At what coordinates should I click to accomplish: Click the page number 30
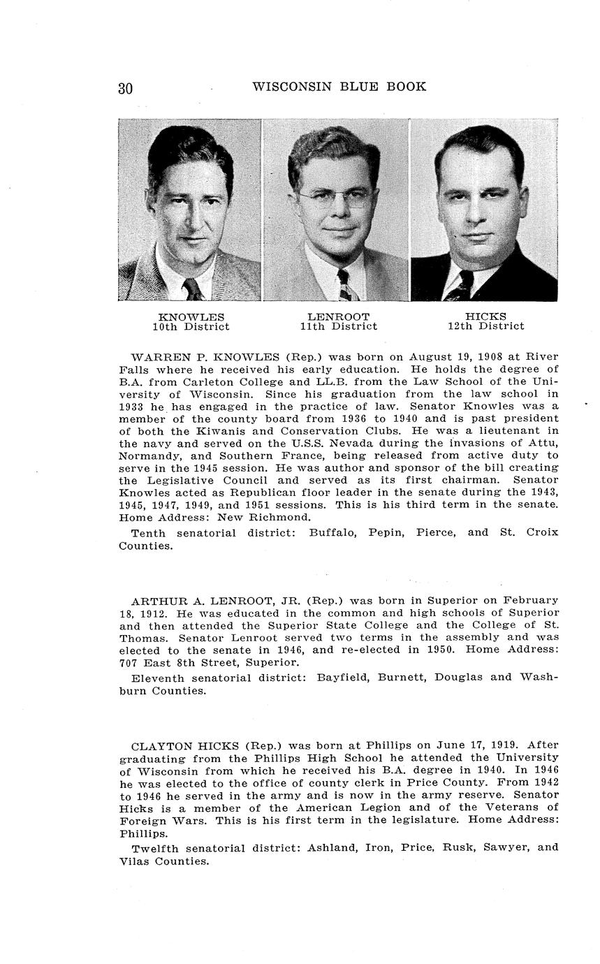[x=126, y=88]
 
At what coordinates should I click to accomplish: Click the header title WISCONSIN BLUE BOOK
[x=339, y=87]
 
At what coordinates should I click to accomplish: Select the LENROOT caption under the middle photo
[x=338, y=317]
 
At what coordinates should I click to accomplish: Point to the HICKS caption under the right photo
[x=485, y=317]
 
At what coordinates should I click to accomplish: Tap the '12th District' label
[x=485, y=326]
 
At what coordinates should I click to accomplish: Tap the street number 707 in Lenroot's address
[x=129, y=662]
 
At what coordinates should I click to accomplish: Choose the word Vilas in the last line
[x=134, y=861]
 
